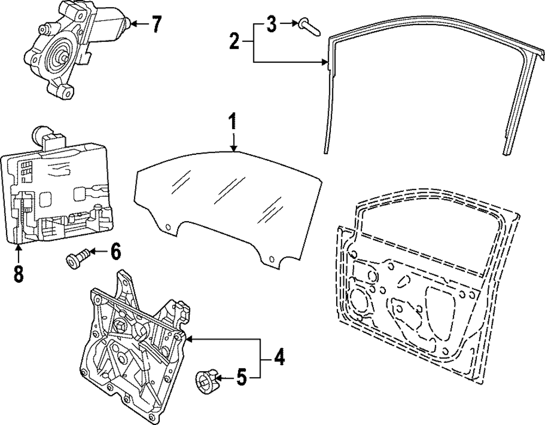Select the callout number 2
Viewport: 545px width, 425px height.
pyautogui.click(x=234, y=41)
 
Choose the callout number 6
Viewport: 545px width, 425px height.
pyautogui.click(x=115, y=252)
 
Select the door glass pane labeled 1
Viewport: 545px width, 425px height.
pyautogui.click(x=229, y=196)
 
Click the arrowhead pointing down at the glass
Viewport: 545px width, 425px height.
pyautogui.click(x=233, y=147)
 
